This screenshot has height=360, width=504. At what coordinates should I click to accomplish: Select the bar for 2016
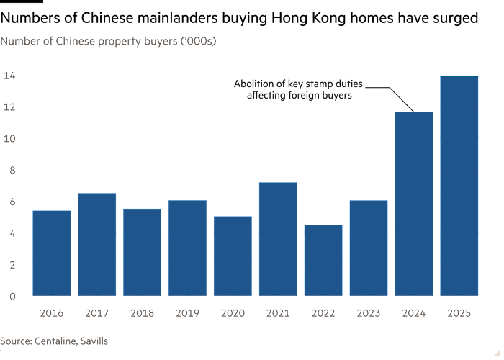click(52, 253)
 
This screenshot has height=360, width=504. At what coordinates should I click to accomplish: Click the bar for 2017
click(97, 244)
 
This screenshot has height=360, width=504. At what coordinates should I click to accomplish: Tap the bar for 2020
click(233, 256)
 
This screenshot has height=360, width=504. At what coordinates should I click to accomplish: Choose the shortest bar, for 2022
click(323, 260)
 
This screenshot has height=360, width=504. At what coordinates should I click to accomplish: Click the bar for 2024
click(414, 204)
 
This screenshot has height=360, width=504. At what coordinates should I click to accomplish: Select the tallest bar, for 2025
click(459, 186)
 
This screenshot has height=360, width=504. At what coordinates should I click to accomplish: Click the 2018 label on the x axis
click(143, 312)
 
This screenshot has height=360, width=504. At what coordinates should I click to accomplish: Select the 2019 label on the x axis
click(187, 312)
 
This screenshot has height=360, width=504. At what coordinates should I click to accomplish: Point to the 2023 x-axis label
click(369, 312)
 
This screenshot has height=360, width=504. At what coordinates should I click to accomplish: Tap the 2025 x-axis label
click(459, 312)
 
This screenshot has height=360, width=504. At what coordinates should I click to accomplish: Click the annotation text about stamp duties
click(299, 90)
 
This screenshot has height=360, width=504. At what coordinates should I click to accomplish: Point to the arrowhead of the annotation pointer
click(411, 109)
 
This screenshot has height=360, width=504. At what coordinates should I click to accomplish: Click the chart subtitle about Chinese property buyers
click(109, 42)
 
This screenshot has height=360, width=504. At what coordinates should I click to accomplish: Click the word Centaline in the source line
click(54, 341)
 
